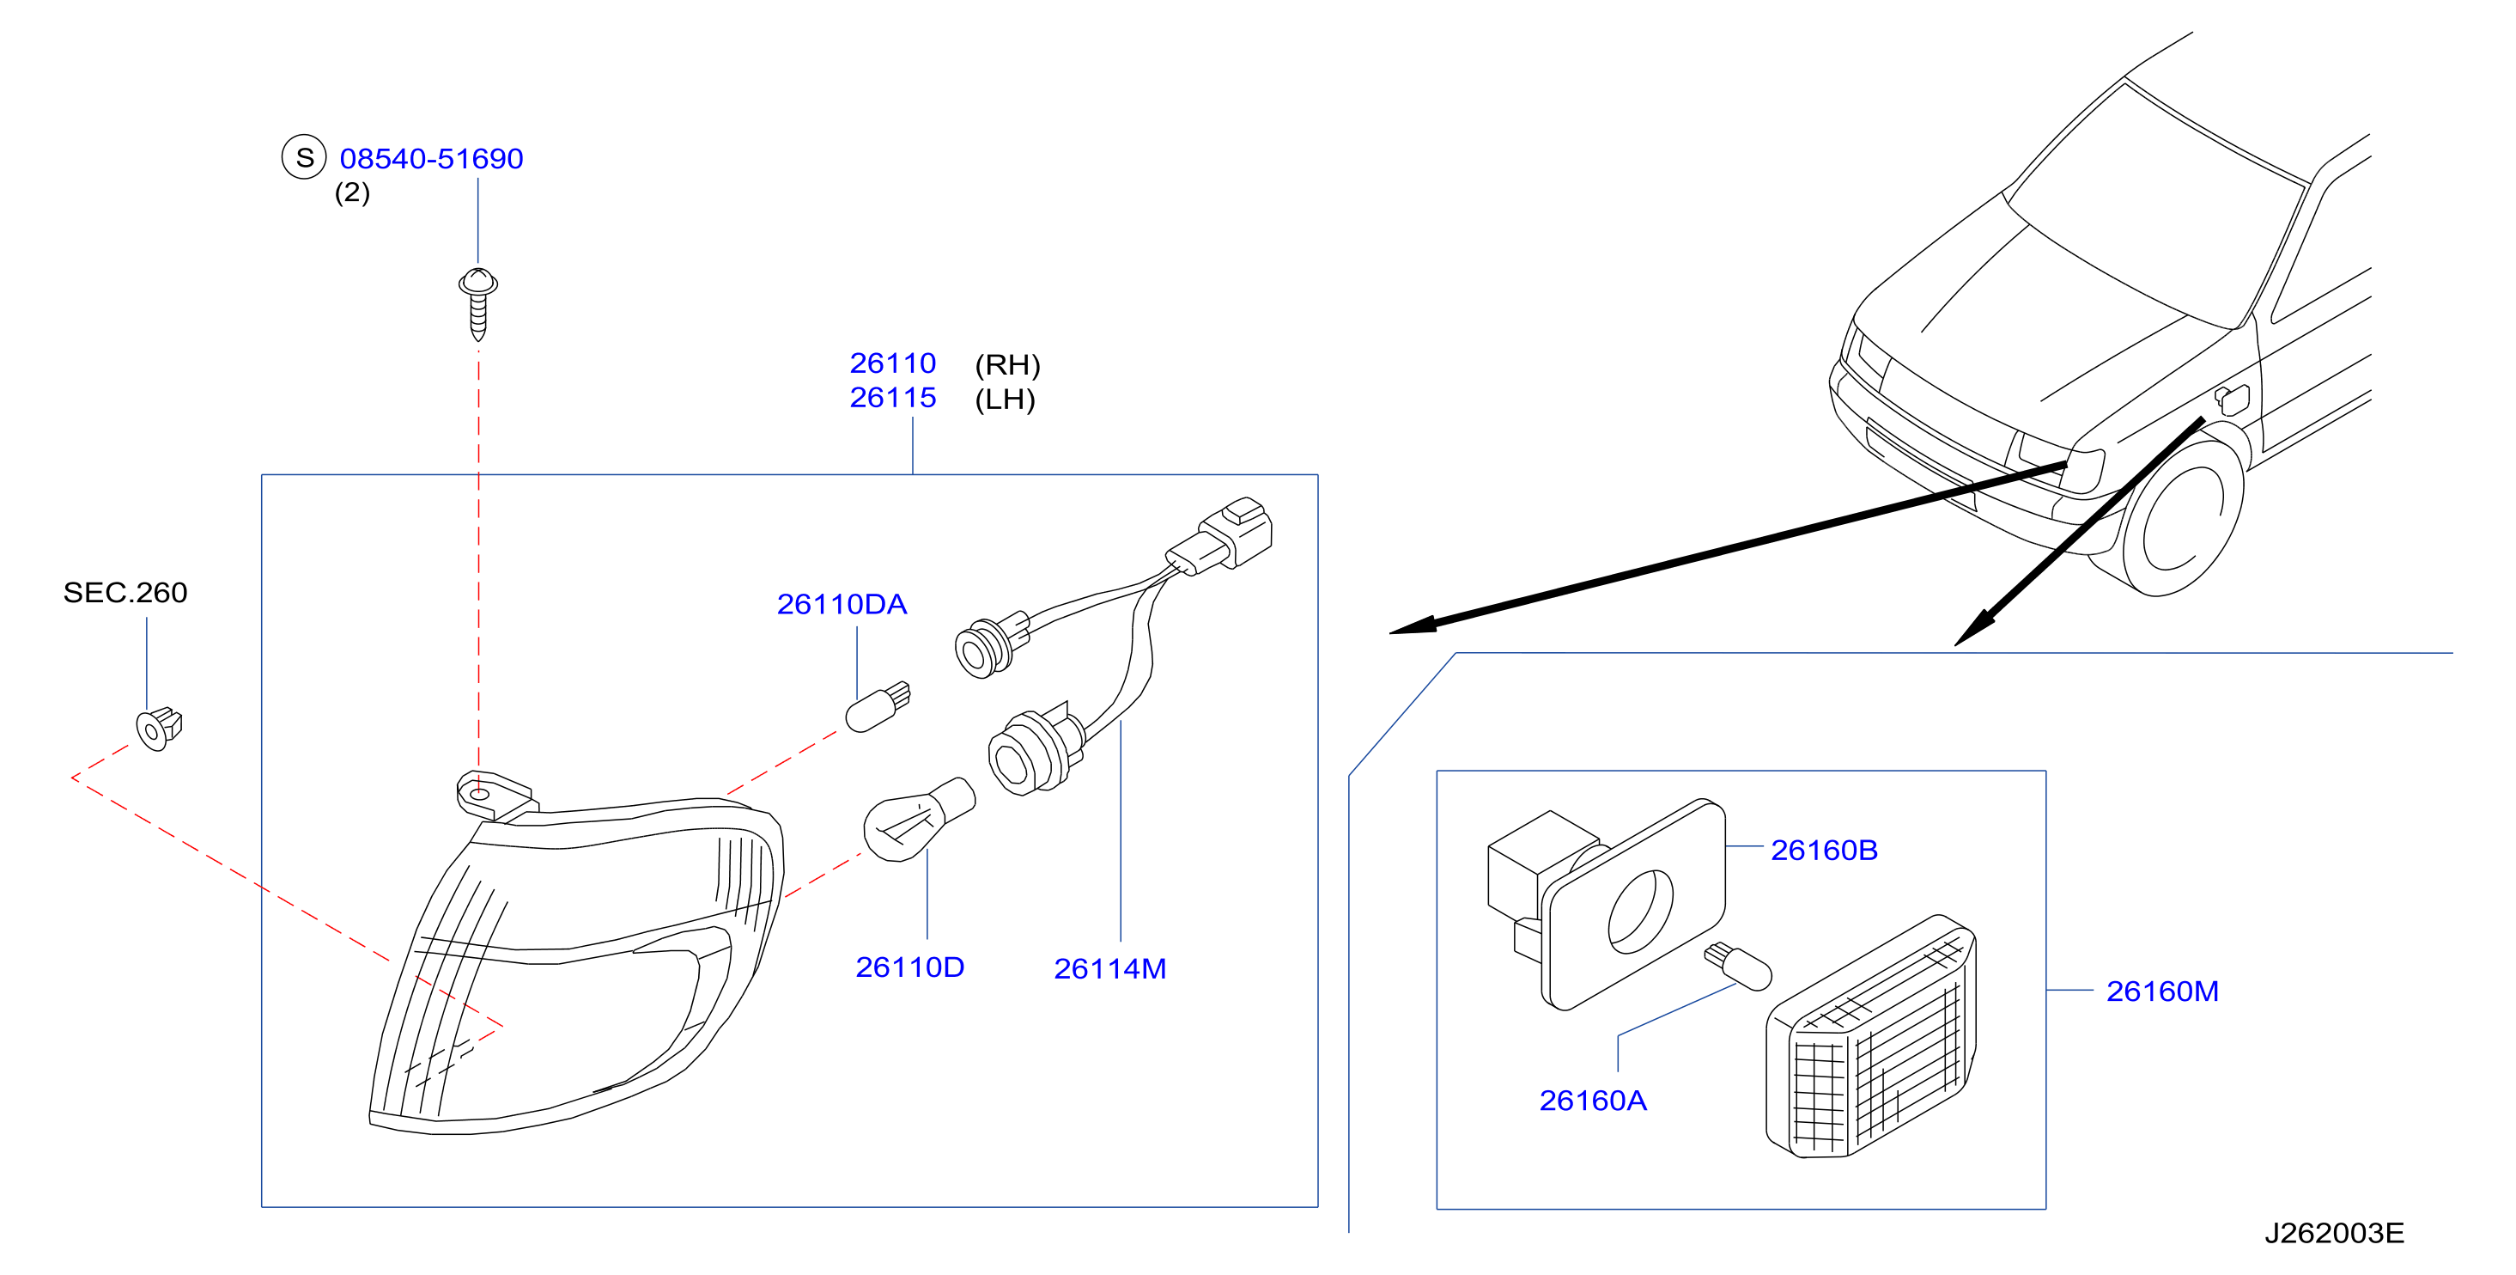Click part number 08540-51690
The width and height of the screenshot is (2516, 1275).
point(431,158)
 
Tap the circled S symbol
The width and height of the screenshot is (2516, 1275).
point(304,157)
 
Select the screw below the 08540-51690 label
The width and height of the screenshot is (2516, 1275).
point(477,304)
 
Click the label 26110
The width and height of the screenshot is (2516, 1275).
point(893,363)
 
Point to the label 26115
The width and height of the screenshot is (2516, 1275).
point(893,398)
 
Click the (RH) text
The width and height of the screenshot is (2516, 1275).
point(1008,364)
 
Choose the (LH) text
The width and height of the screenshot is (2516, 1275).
point(1005,399)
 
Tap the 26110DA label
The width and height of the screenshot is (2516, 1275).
point(842,604)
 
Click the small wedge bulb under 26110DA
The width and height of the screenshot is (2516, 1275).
point(877,706)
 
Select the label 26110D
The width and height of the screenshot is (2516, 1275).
point(909,967)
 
